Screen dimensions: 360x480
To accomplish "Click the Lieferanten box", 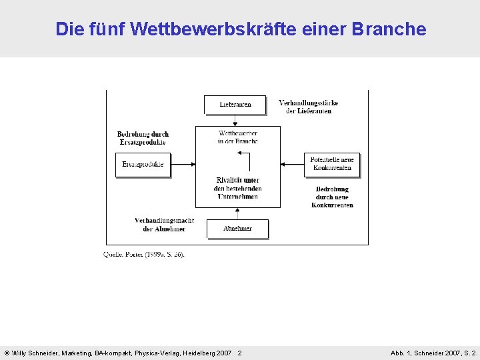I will tap(235, 105).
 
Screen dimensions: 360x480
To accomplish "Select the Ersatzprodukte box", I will tap(143, 165).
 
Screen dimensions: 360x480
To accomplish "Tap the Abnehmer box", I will tap(237, 229).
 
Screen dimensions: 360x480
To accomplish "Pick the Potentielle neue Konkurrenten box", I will tap(332, 164).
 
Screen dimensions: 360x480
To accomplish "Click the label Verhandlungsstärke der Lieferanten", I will tap(308, 107).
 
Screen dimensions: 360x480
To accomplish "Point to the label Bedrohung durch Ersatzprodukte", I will tap(143, 138).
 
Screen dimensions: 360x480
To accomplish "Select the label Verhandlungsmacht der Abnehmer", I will tap(164, 225).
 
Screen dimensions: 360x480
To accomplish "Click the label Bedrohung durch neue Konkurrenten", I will tap(332, 197).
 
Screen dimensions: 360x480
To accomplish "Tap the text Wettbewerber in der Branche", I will tap(237, 137).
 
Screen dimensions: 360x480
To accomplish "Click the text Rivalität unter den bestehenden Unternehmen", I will tap(237, 189).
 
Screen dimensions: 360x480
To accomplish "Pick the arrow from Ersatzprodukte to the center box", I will tap(183, 164).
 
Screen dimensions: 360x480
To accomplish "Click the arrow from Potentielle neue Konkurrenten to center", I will tap(293, 164).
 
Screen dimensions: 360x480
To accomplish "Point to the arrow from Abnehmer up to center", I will tap(237, 213).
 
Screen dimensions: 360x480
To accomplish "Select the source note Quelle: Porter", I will tap(144, 254).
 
